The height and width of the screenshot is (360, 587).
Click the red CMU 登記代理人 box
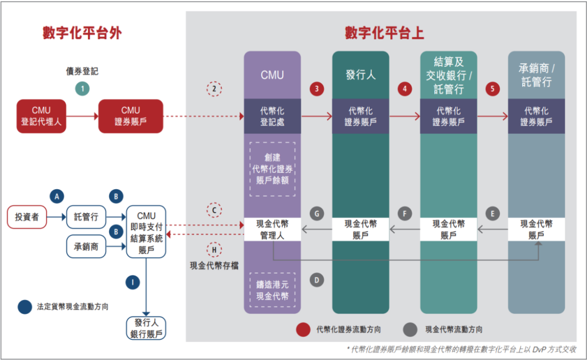point(41,116)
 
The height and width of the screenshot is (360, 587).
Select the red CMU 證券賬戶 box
point(130,116)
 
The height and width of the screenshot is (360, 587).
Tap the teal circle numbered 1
point(82,89)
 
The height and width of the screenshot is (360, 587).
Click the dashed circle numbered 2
point(215,89)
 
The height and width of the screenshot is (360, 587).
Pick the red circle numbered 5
point(492,89)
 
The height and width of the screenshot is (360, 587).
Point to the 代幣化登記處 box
point(272,116)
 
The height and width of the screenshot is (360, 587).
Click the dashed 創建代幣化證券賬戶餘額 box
point(272,169)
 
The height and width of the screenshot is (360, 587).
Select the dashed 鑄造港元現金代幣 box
point(272,290)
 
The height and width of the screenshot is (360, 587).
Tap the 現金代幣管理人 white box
point(272,229)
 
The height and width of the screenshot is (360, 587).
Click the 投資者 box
point(27,217)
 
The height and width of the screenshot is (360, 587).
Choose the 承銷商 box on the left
point(86,247)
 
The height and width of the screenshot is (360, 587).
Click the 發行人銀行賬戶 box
point(146,328)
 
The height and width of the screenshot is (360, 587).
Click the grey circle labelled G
point(317,214)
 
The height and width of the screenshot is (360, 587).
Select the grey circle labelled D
point(317,280)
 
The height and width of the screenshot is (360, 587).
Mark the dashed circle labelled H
point(215,250)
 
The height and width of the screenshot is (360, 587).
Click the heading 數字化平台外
point(82,33)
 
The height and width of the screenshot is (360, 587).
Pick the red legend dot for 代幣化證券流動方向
point(303,329)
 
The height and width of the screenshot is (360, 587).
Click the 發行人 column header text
point(360,75)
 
